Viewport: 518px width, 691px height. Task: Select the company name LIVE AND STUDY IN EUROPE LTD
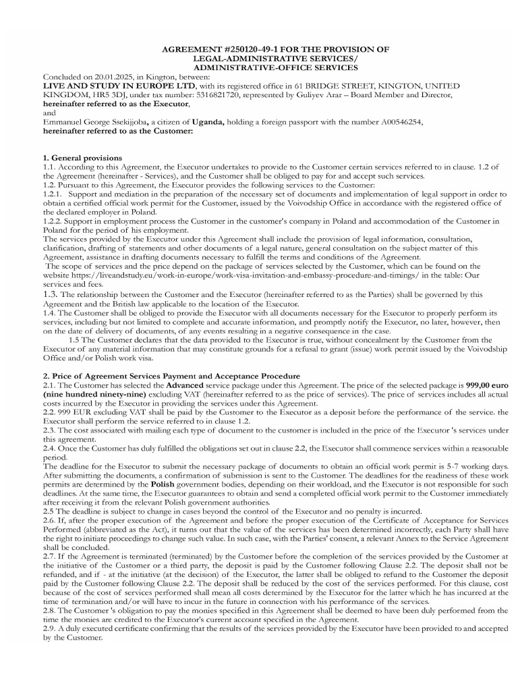coord(119,86)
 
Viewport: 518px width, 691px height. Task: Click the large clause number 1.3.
coord(51,294)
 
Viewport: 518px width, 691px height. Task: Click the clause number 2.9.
coord(50,628)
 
